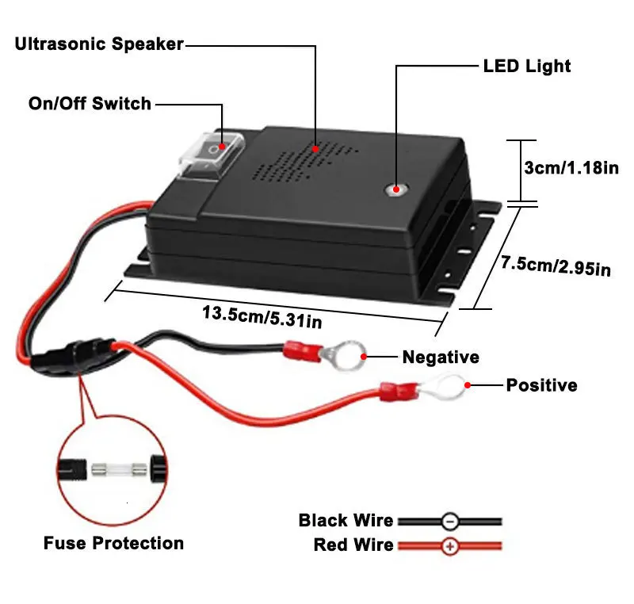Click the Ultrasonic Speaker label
[99, 44]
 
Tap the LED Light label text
[526, 66]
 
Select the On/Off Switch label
[90, 103]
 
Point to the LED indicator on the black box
[394, 190]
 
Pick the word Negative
[441, 357]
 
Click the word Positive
[541, 386]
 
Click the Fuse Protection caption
[113, 543]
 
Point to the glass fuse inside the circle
[116, 468]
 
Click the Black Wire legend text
[346, 521]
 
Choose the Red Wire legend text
[353, 545]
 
